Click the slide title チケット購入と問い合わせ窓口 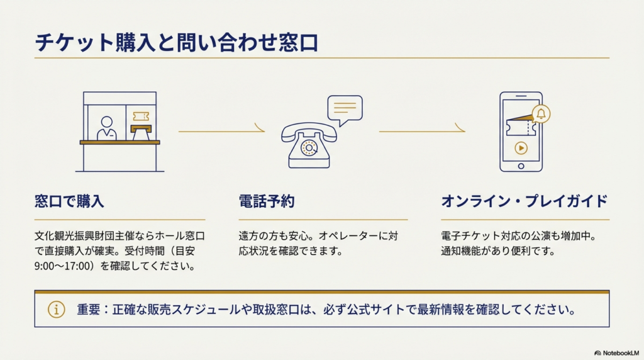[x=176, y=43]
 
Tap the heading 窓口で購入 [x=69, y=202]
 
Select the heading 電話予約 [x=267, y=202]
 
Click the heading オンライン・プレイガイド [x=525, y=202]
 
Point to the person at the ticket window [x=106, y=128]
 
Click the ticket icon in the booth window [x=142, y=117]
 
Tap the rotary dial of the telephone [x=309, y=148]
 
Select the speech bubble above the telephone [x=345, y=108]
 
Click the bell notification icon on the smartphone [x=541, y=114]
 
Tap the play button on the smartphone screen [x=521, y=149]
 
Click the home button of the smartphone [x=521, y=166]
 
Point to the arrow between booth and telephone [x=221, y=131]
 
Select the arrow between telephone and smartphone [x=421, y=131]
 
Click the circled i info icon [x=57, y=310]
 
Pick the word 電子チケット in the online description [x=472, y=237]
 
